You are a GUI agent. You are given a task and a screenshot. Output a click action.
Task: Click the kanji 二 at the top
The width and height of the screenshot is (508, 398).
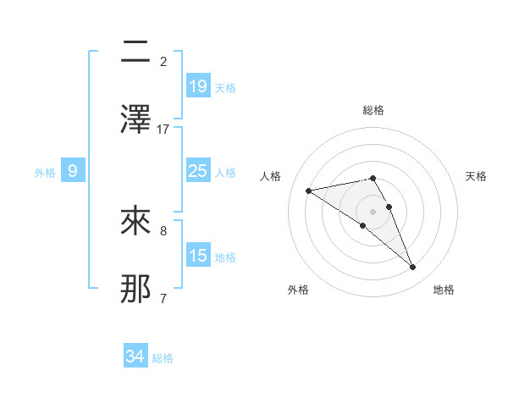136,55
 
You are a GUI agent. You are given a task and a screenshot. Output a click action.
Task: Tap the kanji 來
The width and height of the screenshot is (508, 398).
136,224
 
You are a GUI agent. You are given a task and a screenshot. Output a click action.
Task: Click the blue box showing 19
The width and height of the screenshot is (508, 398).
197,86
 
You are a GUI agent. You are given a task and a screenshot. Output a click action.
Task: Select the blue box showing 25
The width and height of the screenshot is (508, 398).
197,171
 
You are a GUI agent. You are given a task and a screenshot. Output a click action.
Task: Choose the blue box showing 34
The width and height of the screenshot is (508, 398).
135,357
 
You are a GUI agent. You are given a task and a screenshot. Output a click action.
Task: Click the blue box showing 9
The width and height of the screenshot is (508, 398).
74,171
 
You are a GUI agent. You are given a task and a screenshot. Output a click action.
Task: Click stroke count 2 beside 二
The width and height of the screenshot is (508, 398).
163,62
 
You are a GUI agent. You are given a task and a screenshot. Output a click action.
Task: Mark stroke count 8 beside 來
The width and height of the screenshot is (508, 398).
163,230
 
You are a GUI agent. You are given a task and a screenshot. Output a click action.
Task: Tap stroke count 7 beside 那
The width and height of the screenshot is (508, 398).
163,297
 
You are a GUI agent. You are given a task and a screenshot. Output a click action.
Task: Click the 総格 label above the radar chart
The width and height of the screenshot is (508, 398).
373,110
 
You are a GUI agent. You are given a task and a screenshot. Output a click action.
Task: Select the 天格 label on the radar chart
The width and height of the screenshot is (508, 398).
476,176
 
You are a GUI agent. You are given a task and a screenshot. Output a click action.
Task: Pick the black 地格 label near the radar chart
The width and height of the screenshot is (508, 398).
444,290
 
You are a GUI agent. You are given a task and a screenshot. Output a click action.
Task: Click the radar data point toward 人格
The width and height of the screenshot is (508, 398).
309,191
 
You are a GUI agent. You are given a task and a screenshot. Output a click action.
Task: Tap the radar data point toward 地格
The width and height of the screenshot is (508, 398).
413,268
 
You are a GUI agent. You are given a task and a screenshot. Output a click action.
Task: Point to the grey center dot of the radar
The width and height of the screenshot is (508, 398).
373,211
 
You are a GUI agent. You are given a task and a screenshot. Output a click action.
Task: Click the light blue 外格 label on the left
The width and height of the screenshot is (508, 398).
45,172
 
